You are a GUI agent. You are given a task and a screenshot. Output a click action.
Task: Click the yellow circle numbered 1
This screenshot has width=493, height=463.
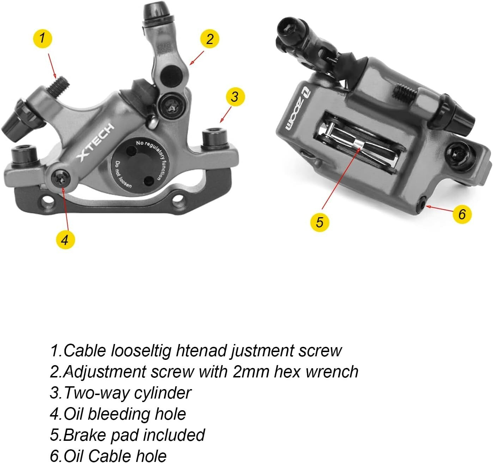[42, 38]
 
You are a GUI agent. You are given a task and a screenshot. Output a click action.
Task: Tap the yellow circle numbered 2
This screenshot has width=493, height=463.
[209, 39]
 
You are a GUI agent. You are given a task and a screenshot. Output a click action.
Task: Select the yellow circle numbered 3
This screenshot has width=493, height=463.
[235, 96]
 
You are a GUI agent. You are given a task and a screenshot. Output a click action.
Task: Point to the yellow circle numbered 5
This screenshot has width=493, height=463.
[319, 222]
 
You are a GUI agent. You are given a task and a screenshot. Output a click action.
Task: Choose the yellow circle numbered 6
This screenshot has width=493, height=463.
[462, 214]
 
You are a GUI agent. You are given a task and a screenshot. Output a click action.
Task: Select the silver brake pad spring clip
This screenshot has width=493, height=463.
[359, 145]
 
